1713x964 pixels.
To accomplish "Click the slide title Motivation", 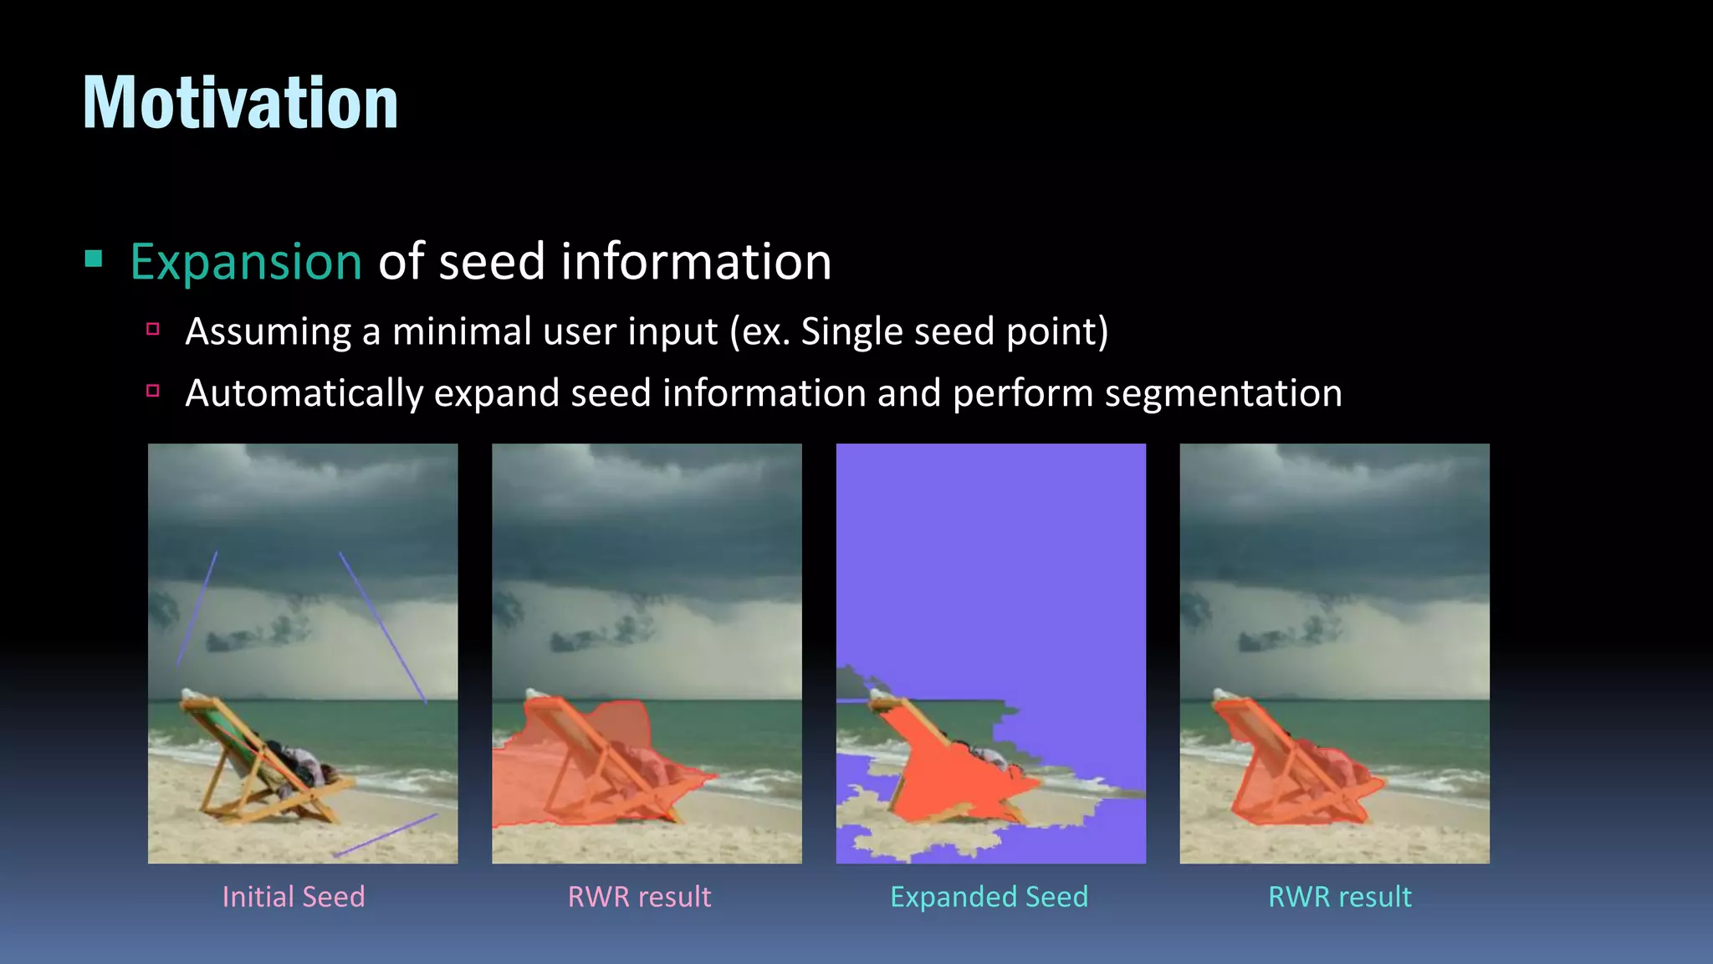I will pos(240,103).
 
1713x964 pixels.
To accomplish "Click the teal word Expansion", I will pos(246,262).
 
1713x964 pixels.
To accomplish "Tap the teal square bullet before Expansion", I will pos(94,259).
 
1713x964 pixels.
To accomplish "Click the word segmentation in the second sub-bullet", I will pos(1223,393).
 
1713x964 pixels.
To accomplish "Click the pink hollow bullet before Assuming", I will pos(153,329).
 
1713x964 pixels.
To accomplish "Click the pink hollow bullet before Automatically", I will pos(153,391).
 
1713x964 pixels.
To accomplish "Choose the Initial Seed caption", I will pos(294,897).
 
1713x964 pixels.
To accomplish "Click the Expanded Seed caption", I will pos(989,897).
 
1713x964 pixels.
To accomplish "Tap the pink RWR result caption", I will pos(639,897).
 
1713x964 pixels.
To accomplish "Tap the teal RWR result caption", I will pos(1339,897).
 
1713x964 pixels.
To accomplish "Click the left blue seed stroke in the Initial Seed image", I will pos(197,608).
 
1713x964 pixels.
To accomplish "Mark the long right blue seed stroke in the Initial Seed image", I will pos(382,626).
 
